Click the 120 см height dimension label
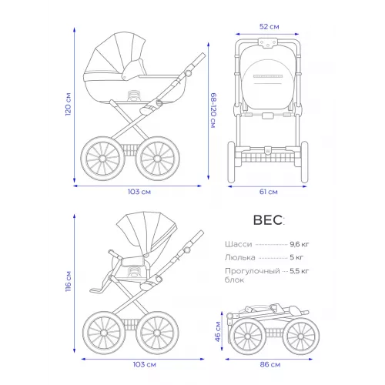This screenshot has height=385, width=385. tap(69, 104)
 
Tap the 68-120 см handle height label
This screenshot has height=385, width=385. tap(213, 110)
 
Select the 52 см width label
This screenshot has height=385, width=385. tap(269, 27)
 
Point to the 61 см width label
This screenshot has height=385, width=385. tap(269, 192)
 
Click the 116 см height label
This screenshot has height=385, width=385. tap(69, 281)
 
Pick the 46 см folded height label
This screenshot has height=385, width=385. tap(218, 331)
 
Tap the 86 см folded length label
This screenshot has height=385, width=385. tap(270, 364)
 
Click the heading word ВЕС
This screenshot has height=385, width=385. tap(268, 220)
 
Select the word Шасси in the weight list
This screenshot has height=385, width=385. tap(239, 244)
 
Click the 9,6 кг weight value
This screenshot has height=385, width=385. tap(300, 244)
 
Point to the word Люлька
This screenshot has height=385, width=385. tap(240, 257)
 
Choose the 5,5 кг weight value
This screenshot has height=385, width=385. tap(300, 271)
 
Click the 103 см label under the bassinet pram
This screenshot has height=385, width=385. tap(139, 192)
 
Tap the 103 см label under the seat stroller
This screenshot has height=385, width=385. tap(144, 364)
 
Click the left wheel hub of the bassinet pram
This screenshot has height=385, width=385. tap(102, 159)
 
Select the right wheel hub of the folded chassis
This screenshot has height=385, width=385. tap(301, 336)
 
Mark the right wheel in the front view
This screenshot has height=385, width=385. tap(304, 162)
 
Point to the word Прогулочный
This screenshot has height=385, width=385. tap(252, 271)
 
